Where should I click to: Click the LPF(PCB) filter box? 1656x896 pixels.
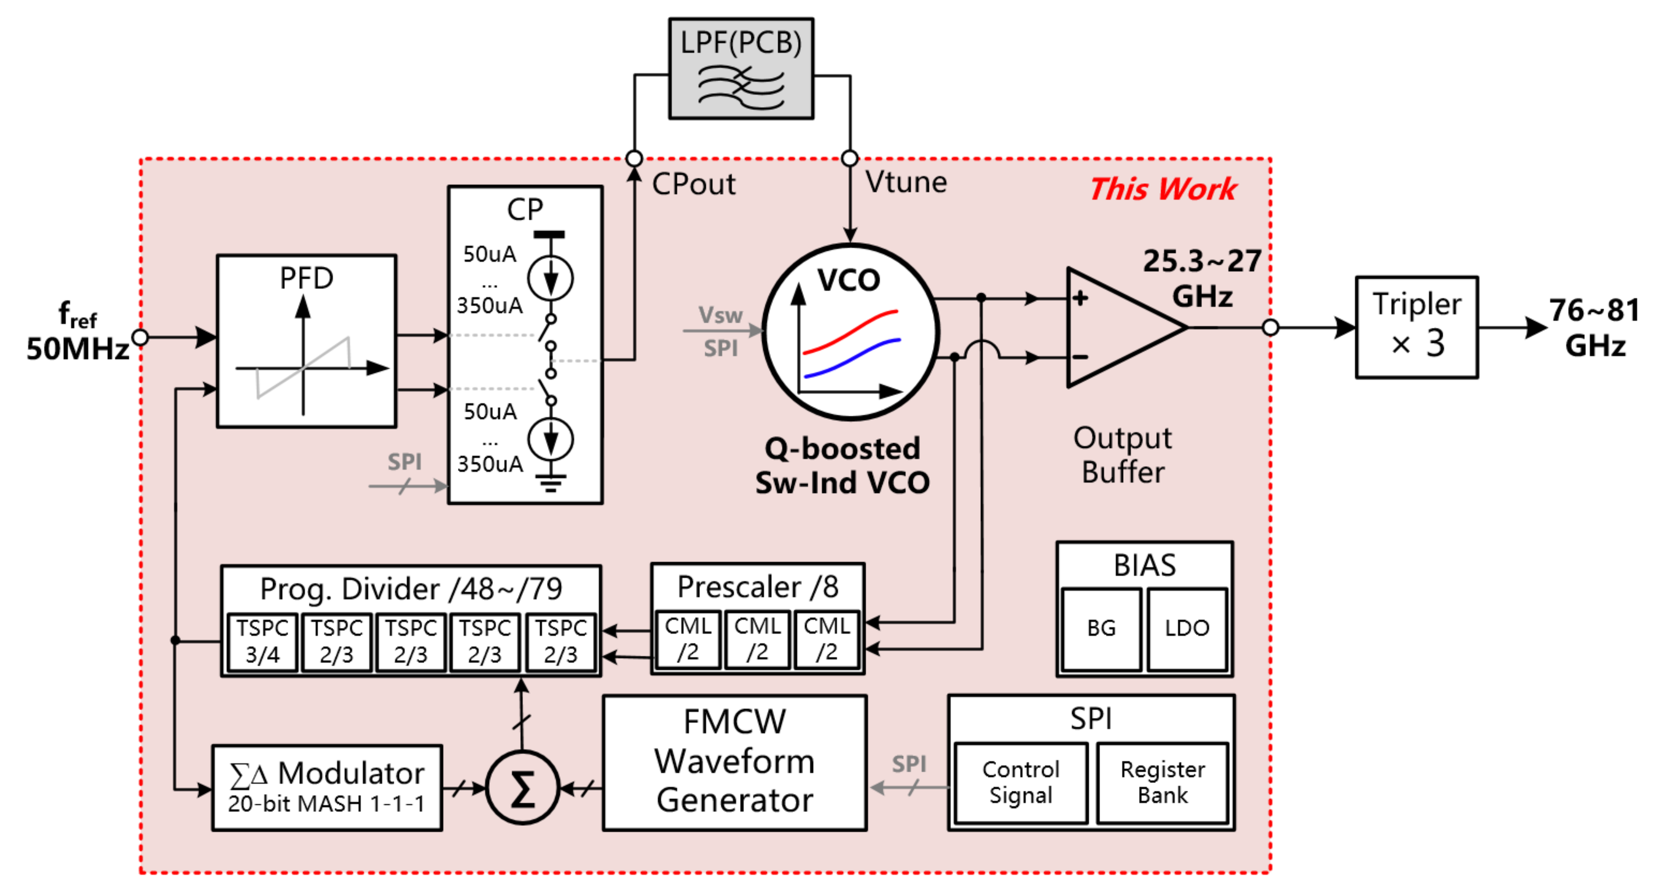(x=741, y=68)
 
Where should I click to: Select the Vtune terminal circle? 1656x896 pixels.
(x=849, y=158)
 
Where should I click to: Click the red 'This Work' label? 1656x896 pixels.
(x=1162, y=189)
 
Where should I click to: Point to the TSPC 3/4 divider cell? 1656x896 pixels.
(x=262, y=641)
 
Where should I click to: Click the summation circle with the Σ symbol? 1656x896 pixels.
(x=522, y=788)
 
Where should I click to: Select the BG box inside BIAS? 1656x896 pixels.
(x=1101, y=629)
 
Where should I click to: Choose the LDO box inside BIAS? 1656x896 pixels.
(x=1187, y=629)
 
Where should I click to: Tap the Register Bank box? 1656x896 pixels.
(x=1162, y=782)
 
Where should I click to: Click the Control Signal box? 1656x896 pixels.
(x=1021, y=782)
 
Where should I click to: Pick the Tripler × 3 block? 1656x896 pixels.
(x=1416, y=327)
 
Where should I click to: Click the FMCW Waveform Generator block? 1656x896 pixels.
(x=734, y=762)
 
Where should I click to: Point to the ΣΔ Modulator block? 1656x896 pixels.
(x=327, y=788)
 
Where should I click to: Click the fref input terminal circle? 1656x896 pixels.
(x=139, y=337)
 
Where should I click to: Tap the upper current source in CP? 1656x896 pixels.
(x=550, y=278)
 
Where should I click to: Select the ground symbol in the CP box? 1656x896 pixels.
(x=550, y=482)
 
